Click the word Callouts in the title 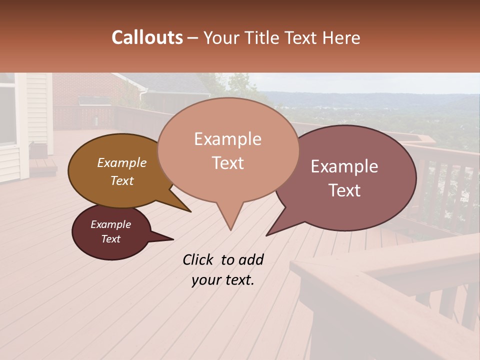pyautogui.click(x=147, y=37)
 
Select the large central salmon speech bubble pyautogui.click(x=227, y=150)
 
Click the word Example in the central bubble pyautogui.click(x=227, y=139)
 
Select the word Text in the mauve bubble pyautogui.click(x=344, y=190)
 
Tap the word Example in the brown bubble pyautogui.click(x=121, y=163)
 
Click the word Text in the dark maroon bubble pyautogui.click(x=110, y=239)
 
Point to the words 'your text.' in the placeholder pyautogui.click(x=222, y=280)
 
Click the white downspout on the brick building pyautogui.click(x=143, y=100)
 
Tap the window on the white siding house pyautogui.click(x=7, y=114)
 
